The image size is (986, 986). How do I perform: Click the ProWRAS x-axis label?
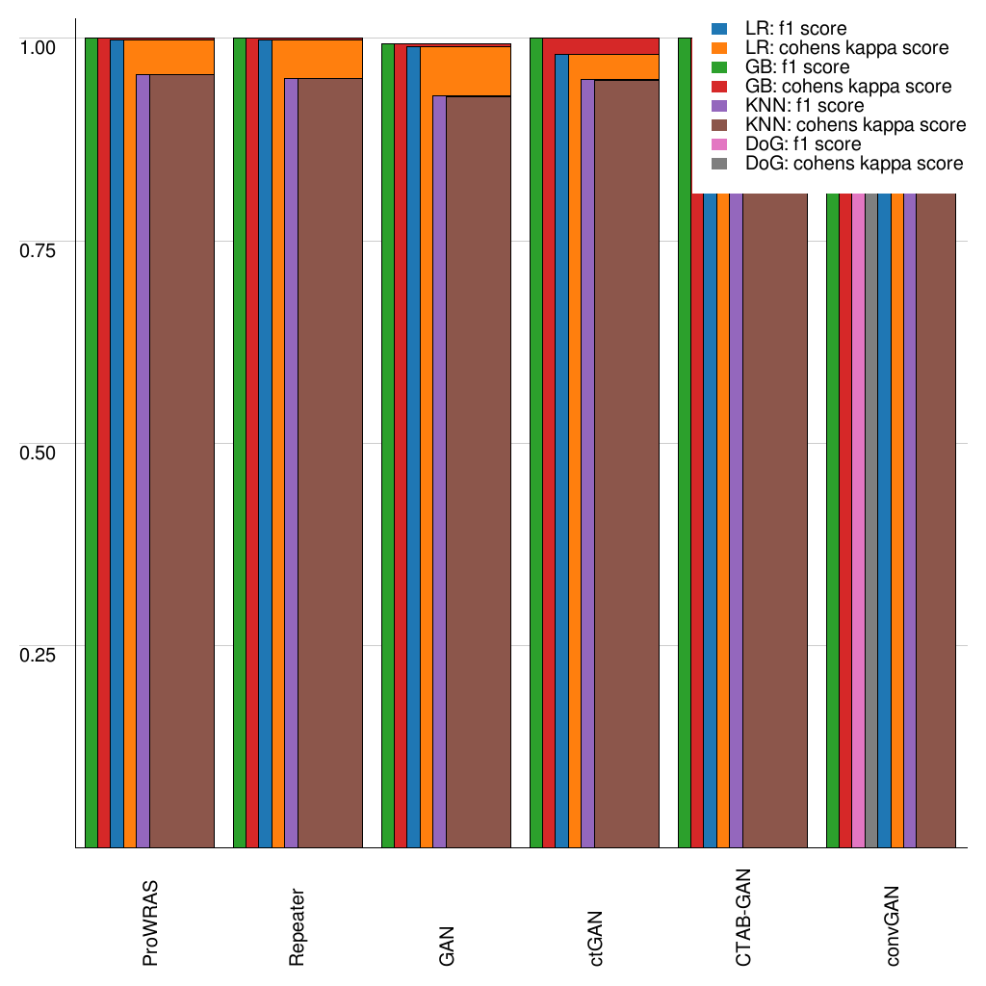(150, 923)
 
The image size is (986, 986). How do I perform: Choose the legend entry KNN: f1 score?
(805, 106)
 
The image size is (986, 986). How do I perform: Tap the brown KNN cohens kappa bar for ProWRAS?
(181, 462)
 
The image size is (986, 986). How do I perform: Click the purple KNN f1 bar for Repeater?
(291, 462)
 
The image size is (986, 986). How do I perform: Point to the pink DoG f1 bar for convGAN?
(858, 520)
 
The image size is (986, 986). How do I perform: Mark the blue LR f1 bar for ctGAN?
(561, 453)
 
